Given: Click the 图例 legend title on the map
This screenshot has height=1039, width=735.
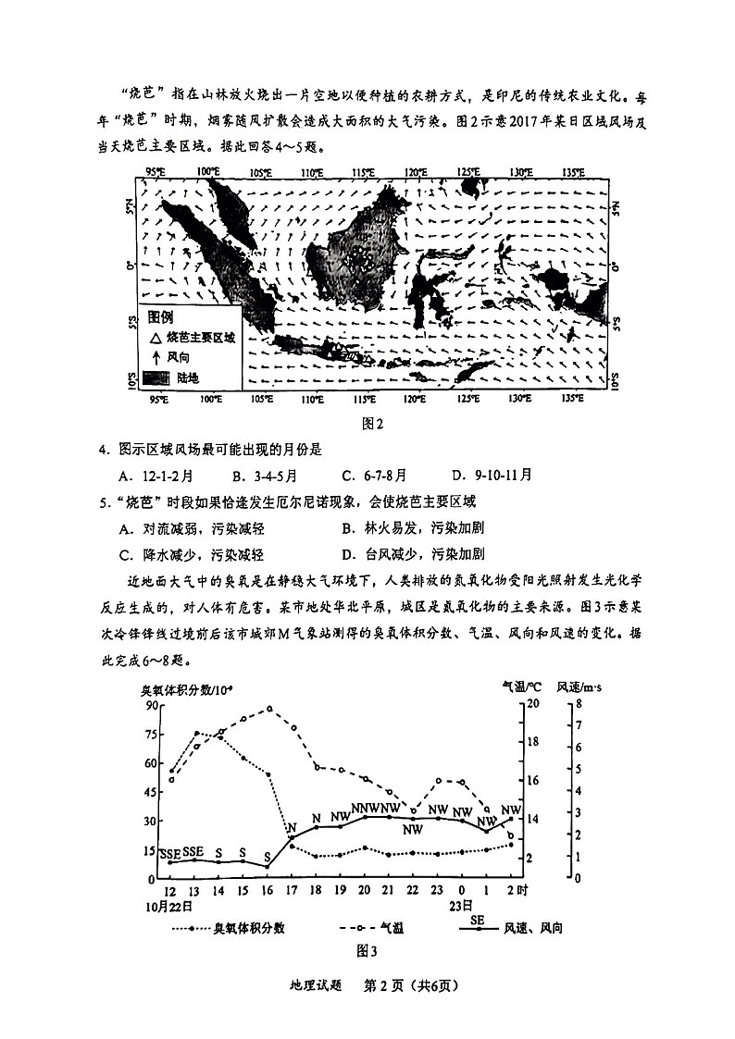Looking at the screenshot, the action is (x=161, y=316).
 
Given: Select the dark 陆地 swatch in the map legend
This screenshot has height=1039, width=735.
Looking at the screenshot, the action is (x=156, y=377).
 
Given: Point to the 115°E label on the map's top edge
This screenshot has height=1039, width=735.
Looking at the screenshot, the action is (x=363, y=172).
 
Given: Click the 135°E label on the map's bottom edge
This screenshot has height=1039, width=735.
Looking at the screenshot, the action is (x=574, y=399).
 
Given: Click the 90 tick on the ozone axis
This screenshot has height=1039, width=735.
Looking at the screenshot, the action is (x=150, y=705).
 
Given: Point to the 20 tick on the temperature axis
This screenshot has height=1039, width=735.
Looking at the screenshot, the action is (x=532, y=705).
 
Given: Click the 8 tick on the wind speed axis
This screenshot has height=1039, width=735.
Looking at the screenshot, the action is (x=578, y=705).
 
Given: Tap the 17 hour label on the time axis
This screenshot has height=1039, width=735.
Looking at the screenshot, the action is (x=291, y=890).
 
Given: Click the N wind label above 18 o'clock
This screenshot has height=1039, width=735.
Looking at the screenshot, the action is (x=316, y=818).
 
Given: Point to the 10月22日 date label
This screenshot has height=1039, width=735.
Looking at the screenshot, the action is (x=172, y=906).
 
